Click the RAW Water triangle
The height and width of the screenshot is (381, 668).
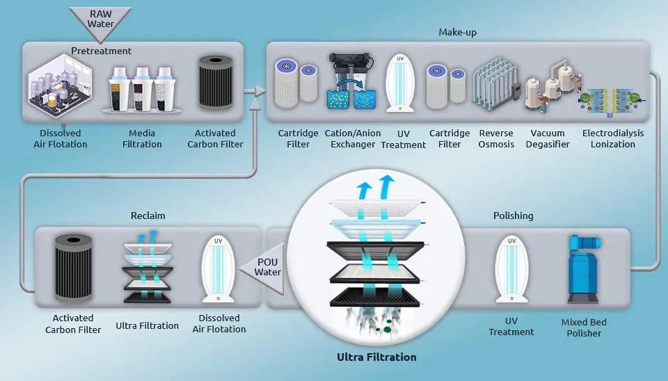(x=100, y=22)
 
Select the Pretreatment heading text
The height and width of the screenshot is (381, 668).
(x=102, y=51)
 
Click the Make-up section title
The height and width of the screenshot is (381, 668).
(x=458, y=33)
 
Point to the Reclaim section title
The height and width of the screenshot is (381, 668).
(x=148, y=216)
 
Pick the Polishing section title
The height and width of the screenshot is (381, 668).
(x=513, y=216)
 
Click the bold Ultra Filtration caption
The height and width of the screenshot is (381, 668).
(x=376, y=357)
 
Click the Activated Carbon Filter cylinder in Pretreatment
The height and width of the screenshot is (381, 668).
(x=216, y=83)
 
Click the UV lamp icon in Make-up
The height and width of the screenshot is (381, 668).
(x=400, y=83)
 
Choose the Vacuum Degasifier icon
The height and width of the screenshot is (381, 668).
(x=552, y=86)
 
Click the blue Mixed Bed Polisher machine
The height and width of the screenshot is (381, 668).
(x=584, y=269)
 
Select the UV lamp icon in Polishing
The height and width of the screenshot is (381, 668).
(x=511, y=270)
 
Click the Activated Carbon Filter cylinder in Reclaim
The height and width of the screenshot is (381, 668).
(x=74, y=268)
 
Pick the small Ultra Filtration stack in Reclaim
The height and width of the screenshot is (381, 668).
(x=148, y=267)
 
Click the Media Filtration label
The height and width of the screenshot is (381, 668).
(x=142, y=139)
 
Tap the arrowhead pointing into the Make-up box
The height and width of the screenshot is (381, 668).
(x=260, y=90)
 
